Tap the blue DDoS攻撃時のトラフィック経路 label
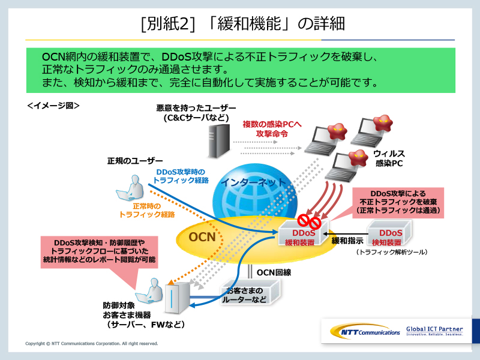coord(179,175)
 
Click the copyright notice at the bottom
coord(92,344)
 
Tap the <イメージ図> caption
coord(53,104)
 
